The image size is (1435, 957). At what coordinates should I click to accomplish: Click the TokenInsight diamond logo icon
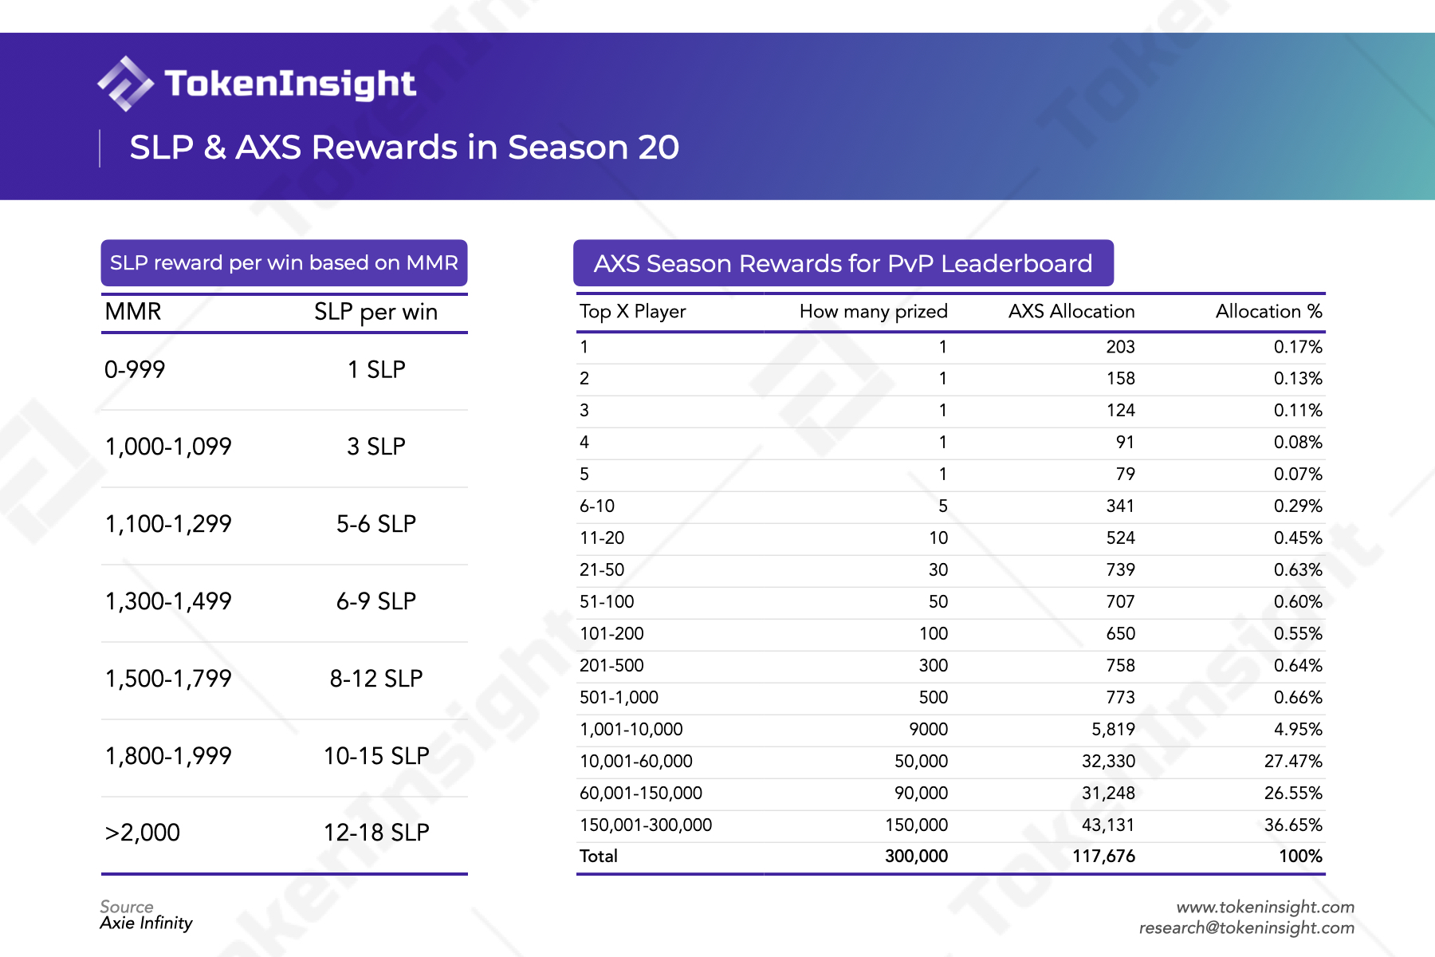(x=124, y=84)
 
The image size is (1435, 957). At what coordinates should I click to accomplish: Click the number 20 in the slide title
(x=658, y=148)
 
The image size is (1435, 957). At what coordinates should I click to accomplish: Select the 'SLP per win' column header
(x=375, y=312)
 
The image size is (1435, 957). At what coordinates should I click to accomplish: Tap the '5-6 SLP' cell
(x=375, y=524)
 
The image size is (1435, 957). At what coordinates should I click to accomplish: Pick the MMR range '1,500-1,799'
(x=168, y=679)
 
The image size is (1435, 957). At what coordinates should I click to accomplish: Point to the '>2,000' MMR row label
(x=143, y=833)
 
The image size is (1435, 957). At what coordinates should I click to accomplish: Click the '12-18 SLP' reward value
(x=375, y=833)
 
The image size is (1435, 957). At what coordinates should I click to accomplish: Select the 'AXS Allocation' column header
(x=1071, y=312)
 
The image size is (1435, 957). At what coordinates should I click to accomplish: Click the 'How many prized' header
(x=873, y=312)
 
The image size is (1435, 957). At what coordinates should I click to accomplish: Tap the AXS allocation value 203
(x=1120, y=347)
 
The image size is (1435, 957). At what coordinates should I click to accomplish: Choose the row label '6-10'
(x=597, y=506)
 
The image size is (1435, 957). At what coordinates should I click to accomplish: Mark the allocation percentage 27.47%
(x=1292, y=762)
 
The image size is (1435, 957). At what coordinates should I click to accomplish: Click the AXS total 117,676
(x=1103, y=857)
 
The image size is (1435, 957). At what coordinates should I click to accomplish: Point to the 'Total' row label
(x=599, y=857)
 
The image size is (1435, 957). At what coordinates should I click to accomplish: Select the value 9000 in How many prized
(x=928, y=730)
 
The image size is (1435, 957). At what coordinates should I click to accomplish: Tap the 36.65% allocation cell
(x=1292, y=825)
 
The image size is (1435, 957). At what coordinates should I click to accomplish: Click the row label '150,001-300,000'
(x=646, y=825)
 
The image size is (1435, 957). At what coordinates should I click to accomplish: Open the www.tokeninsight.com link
(x=1265, y=908)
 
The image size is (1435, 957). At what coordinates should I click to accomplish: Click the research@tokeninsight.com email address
(x=1246, y=928)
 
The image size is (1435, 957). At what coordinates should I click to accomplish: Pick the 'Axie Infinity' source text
(x=147, y=924)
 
